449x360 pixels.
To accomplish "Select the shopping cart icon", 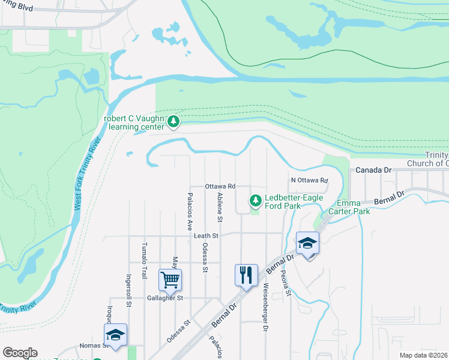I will [x=170, y=279].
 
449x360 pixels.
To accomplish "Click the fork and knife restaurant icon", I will [x=246, y=275].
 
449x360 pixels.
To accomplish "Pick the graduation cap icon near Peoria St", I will [x=307, y=243].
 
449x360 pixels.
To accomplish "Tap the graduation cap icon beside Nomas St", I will [x=115, y=335].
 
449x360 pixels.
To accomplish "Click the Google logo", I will [x=20, y=353].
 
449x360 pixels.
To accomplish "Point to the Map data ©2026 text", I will [x=424, y=355].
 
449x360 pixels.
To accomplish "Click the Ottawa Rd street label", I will [x=220, y=187].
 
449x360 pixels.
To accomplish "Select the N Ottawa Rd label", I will [x=309, y=180].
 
